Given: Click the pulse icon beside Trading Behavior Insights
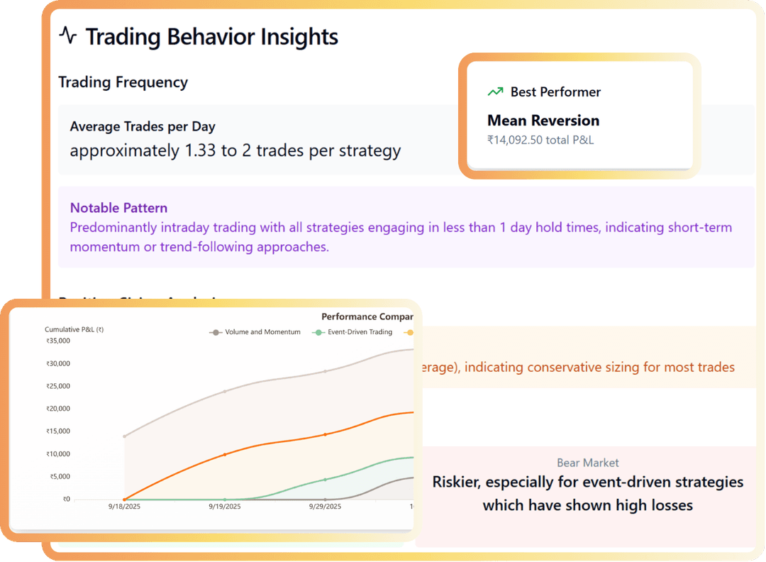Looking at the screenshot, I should click(67, 35).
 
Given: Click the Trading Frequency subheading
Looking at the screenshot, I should click(123, 82).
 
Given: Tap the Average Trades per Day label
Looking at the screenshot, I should click(143, 127).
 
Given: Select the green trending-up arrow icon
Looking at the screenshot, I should click(495, 92).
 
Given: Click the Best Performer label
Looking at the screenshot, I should click(555, 92).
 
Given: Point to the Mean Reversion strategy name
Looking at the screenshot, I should click(543, 121).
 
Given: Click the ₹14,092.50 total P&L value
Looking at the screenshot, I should click(540, 140).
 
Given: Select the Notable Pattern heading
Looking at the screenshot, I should click(118, 209).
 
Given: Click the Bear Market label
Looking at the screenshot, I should click(588, 463).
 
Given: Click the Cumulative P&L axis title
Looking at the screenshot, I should click(74, 329).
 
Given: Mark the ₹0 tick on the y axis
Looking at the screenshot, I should click(66, 500).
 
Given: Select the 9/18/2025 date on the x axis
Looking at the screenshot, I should click(125, 507).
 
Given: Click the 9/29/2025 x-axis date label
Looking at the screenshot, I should click(325, 507).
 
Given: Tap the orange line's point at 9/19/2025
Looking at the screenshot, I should click(225, 454).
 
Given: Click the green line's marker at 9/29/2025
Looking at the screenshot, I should click(325, 480).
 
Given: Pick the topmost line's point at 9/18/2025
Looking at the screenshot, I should click(125, 436).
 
